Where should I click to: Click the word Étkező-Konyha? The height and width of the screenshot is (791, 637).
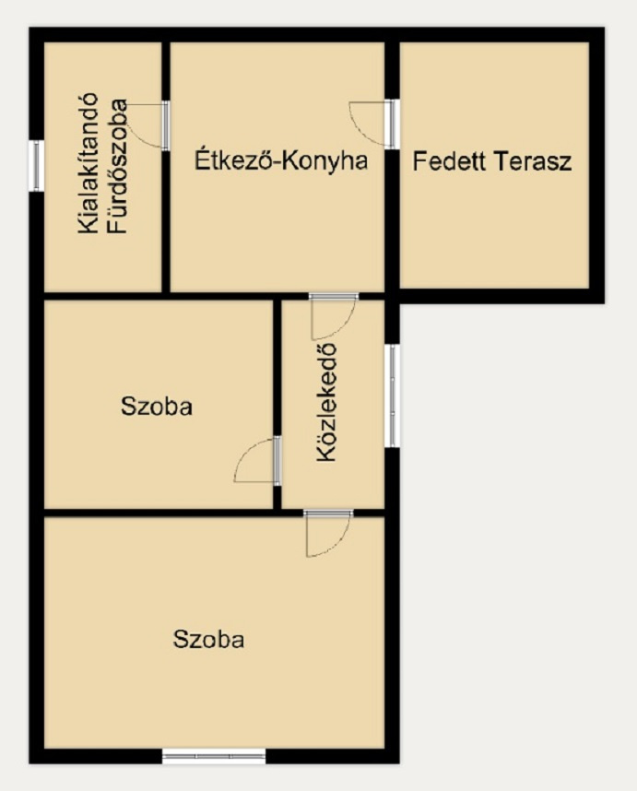pos(281,160)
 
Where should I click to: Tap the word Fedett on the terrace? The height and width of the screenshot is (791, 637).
pos(449,161)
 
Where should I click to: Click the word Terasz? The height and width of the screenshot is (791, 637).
pos(533,161)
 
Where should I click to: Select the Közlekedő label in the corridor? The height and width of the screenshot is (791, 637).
pos(326,403)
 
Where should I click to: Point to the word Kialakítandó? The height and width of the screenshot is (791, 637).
pos(88,163)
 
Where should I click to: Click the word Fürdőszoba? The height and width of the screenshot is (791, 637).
pos(117,166)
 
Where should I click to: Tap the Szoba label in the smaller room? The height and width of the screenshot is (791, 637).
pos(157,406)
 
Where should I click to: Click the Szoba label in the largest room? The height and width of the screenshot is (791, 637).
pos(209,639)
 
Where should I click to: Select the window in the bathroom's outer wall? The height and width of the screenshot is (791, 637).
pos(36,165)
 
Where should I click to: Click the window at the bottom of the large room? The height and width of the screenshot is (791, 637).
pos(214,756)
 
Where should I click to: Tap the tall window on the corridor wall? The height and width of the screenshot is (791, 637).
pos(393,395)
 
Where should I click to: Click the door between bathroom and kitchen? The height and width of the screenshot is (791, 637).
pos(147,125)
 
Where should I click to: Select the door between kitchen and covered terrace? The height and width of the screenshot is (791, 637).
pos(373,124)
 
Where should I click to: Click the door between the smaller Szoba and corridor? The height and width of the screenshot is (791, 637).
pos(258,459)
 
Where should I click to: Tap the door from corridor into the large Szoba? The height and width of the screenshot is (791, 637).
pos(328,533)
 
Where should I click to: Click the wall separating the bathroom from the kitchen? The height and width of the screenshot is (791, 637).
pos(166,167)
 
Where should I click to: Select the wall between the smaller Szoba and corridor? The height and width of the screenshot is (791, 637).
pos(277,405)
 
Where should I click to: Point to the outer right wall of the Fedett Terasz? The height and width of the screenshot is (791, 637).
pos(596,165)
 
